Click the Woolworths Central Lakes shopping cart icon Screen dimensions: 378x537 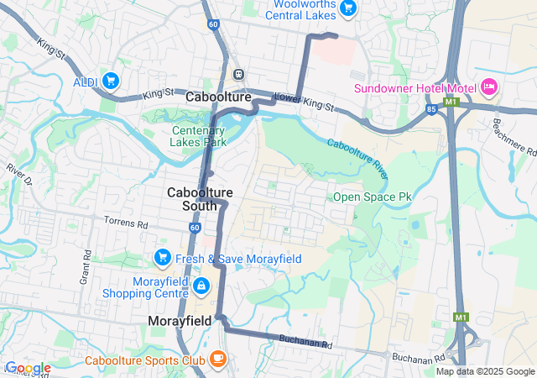349,8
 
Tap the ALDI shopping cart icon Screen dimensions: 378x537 111,81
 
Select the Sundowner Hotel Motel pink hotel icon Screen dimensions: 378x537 489,87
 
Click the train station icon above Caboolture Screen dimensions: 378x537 239,73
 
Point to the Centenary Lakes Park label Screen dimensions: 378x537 200,136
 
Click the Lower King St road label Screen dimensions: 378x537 304,102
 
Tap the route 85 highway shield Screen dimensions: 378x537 430,108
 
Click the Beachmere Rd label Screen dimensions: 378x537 514,136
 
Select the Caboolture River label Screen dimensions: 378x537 357,156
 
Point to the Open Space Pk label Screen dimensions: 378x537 373,197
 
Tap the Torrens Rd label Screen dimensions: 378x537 126,224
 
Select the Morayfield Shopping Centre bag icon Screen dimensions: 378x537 201,287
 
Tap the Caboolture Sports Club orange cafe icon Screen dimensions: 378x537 218,360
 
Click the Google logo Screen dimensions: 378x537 27,368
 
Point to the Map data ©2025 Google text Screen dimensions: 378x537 484,371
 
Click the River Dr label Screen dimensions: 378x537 18,175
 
